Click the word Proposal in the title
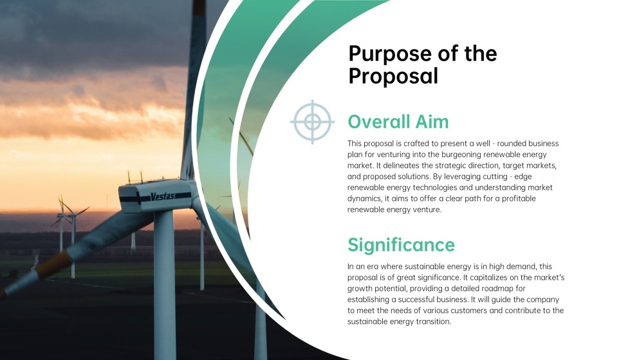point(393,76)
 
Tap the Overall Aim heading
point(398,122)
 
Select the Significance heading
point(401,245)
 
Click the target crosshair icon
point(312,122)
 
